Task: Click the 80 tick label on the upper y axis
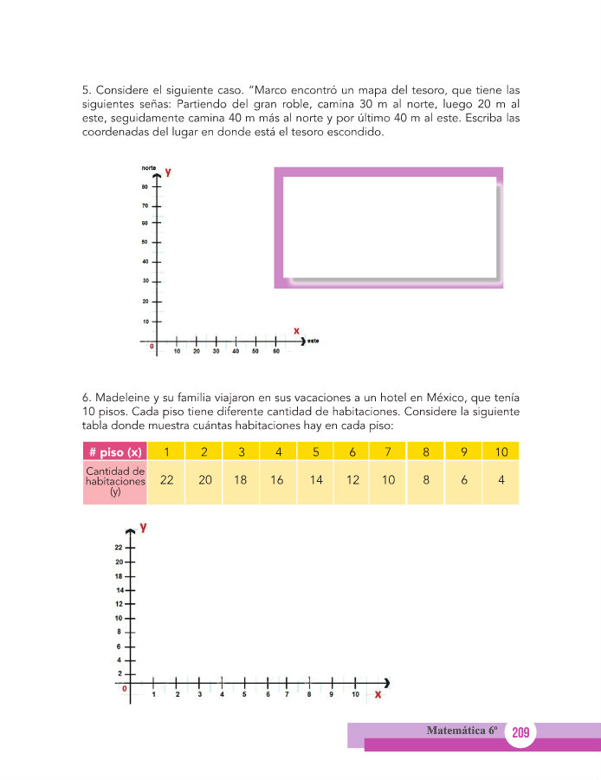click(x=145, y=186)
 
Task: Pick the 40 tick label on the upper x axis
click(x=236, y=351)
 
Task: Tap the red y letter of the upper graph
click(x=168, y=172)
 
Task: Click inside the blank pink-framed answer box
click(x=389, y=225)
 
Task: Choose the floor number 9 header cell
click(x=464, y=452)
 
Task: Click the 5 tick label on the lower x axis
click(x=244, y=695)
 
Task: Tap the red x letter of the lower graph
click(x=378, y=694)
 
